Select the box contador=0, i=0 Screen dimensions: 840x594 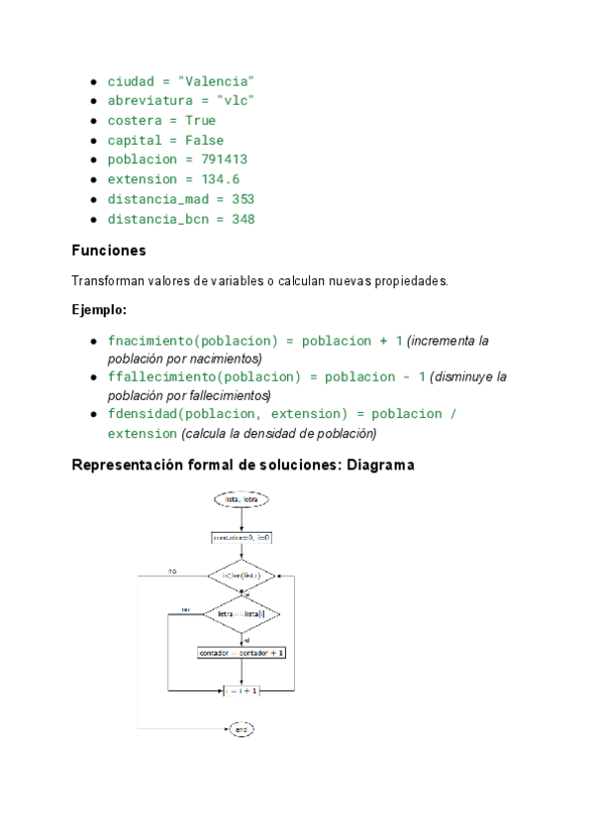[x=241, y=538]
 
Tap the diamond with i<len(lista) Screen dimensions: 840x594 [x=241, y=576]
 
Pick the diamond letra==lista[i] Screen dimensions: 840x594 [x=242, y=615]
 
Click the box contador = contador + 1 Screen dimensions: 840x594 [x=242, y=653]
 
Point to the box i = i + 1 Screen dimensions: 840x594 [x=242, y=690]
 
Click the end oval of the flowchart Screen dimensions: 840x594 [x=241, y=730]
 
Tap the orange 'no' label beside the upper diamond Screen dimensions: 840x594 [x=172, y=572]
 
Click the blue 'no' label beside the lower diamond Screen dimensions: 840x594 [x=186, y=609]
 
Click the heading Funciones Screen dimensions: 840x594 [x=109, y=251]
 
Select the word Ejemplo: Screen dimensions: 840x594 [x=99, y=310]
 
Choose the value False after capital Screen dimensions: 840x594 [x=204, y=140]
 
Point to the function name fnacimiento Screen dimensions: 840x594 [x=149, y=341]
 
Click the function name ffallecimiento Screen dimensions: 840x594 [x=161, y=377]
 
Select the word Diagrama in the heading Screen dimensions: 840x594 [x=380, y=464]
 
